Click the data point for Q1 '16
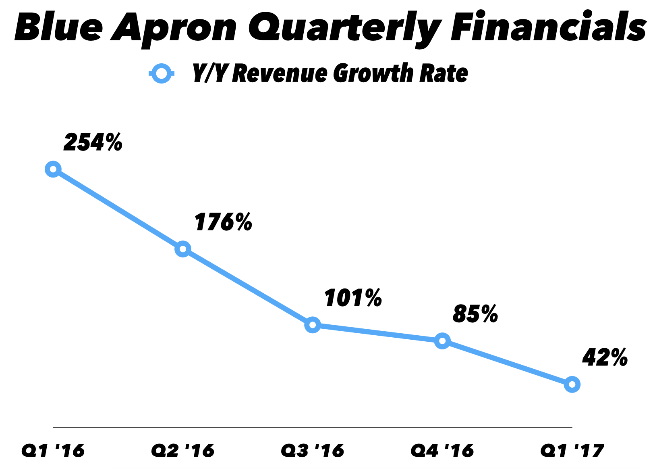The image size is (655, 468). (53, 169)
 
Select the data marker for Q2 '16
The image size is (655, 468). (183, 249)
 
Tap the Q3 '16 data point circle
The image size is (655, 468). (313, 325)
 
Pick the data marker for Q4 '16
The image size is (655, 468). (442, 341)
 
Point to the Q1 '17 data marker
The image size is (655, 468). (572, 384)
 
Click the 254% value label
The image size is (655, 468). (93, 142)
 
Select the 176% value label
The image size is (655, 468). (223, 222)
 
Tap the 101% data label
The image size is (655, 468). (353, 298)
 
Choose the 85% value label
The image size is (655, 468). (475, 314)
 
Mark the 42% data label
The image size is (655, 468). (605, 357)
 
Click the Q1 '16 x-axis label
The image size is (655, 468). (53, 451)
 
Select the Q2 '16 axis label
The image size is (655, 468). (183, 451)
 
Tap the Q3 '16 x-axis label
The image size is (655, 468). (313, 451)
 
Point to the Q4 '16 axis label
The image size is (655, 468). (442, 451)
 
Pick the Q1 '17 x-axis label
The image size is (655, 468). (572, 451)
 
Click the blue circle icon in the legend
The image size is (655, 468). (161, 73)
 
